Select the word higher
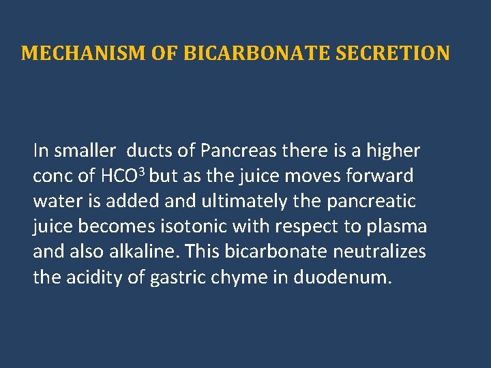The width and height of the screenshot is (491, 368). (x=393, y=151)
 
